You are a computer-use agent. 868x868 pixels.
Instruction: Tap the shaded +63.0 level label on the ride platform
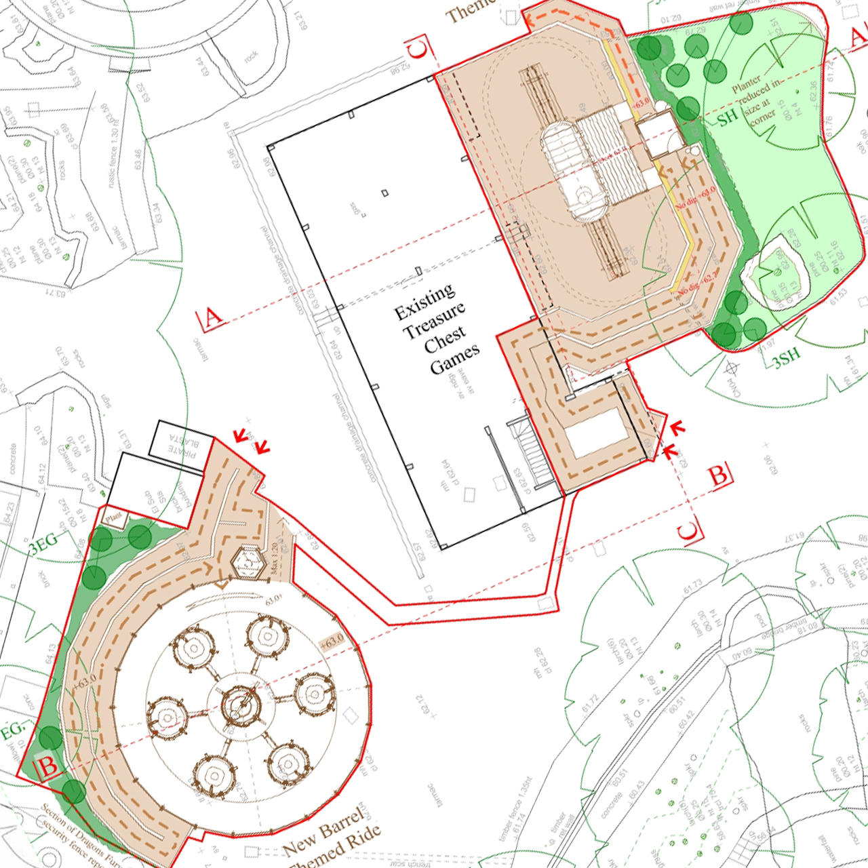tap(332, 641)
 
